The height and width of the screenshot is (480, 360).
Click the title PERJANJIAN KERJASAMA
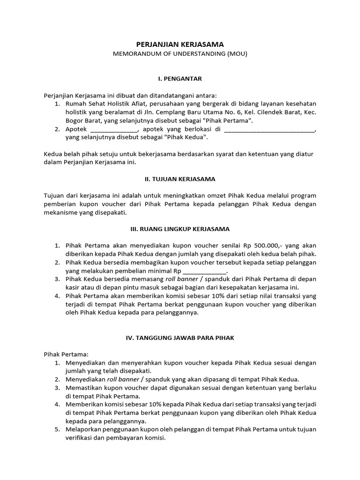click(x=180, y=44)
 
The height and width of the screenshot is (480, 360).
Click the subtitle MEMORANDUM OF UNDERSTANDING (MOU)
click(x=180, y=53)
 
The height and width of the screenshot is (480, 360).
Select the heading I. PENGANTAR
click(x=180, y=78)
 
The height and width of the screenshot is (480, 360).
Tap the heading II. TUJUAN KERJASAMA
click(x=180, y=179)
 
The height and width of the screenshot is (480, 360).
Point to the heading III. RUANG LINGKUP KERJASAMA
click(x=180, y=229)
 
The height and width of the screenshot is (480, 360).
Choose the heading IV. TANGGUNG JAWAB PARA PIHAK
click(x=180, y=337)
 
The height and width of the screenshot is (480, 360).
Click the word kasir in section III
click(x=74, y=288)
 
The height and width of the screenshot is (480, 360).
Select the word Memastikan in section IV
click(x=85, y=388)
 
